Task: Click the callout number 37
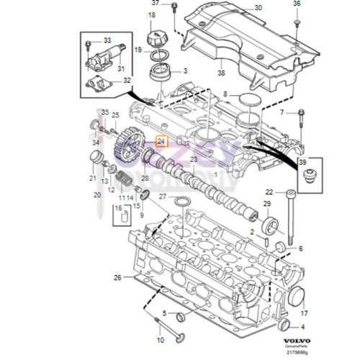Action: (154, 4)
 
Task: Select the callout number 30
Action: (239, 8)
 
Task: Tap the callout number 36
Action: (296, 4)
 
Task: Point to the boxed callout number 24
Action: (161, 143)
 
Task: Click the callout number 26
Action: (117, 277)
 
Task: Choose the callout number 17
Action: (304, 313)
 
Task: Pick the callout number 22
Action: (269, 192)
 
